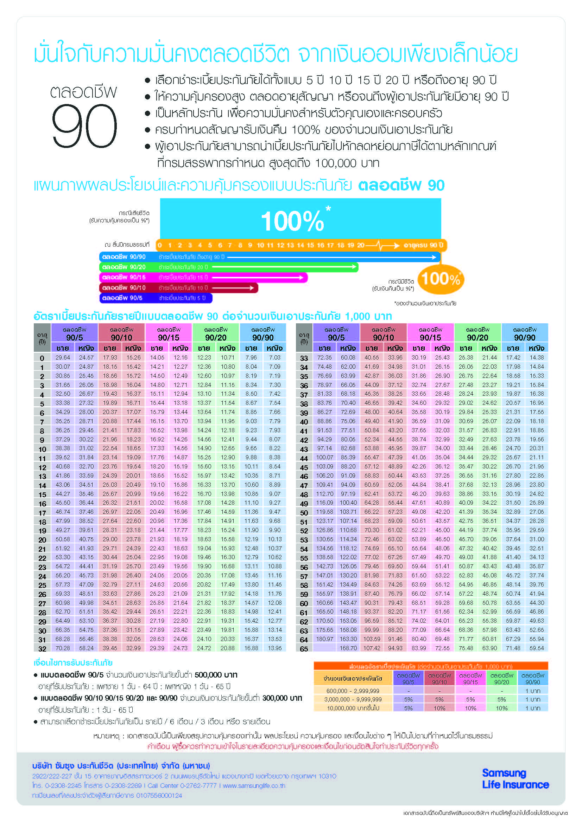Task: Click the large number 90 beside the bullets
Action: [x=84, y=126]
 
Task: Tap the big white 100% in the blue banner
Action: [x=292, y=221]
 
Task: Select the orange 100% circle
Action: [x=441, y=279]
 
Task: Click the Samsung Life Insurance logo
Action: [x=515, y=779]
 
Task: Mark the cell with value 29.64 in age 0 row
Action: [x=63, y=358]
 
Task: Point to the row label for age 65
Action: [x=304, y=649]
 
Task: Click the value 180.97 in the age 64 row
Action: [x=324, y=639]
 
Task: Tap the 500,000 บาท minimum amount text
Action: [x=216, y=675]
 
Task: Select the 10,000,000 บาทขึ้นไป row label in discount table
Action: [x=353, y=708]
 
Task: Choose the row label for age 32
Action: [x=42, y=649]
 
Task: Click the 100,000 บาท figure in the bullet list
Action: [x=347, y=163]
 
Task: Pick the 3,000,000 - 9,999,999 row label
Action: [x=353, y=699]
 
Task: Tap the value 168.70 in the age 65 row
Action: [x=348, y=648]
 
